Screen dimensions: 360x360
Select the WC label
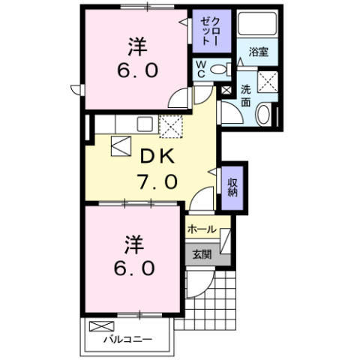coord(201,70)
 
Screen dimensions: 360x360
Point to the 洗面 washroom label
coord(246,96)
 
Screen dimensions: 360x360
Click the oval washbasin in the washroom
coord(262,115)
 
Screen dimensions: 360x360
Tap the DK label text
coord(157,157)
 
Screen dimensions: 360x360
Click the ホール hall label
coord(202,229)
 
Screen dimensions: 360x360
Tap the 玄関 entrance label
coord(202,253)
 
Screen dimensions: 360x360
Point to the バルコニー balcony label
coord(127,339)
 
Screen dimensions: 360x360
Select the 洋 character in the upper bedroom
coord(135,47)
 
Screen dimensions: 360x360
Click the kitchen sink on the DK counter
coord(145,124)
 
